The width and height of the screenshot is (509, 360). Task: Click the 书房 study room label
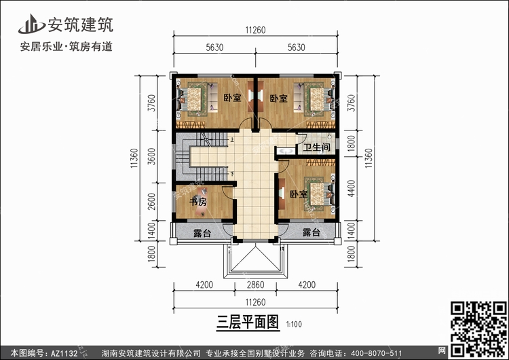pyautogui.click(x=198, y=202)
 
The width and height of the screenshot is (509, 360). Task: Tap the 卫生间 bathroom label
pyautogui.click(x=316, y=147)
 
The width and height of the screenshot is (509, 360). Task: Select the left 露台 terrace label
pyautogui.click(x=202, y=232)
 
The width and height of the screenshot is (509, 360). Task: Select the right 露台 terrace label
pyautogui.click(x=312, y=232)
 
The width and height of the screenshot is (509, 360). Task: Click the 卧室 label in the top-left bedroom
pyautogui.click(x=232, y=98)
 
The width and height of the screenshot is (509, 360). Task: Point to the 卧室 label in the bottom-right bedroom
pyautogui.click(x=299, y=194)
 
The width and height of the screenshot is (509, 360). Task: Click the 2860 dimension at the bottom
pyautogui.click(x=255, y=285)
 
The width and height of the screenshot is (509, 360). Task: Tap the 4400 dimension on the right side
pyautogui.click(x=352, y=188)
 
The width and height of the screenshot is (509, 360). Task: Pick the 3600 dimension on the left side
pyautogui.click(x=151, y=156)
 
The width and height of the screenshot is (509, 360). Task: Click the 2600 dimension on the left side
pyautogui.click(x=151, y=202)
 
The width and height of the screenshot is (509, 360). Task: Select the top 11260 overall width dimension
pyautogui.click(x=255, y=30)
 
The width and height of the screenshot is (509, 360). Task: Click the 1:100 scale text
pyautogui.click(x=294, y=324)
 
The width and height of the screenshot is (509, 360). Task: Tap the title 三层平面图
pyautogui.click(x=248, y=323)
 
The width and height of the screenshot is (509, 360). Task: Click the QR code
pyautogui.click(x=478, y=329)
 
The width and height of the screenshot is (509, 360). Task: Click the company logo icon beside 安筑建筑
pyautogui.click(x=31, y=24)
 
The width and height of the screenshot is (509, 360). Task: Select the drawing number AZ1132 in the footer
pyautogui.click(x=64, y=353)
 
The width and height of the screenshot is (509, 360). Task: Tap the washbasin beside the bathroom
pyautogui.click(x=286, y=151)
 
